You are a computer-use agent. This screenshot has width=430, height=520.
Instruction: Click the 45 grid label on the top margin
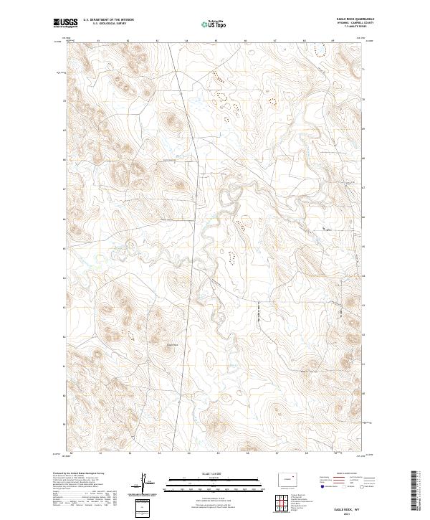pyautogui.click(x=215, y=41)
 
